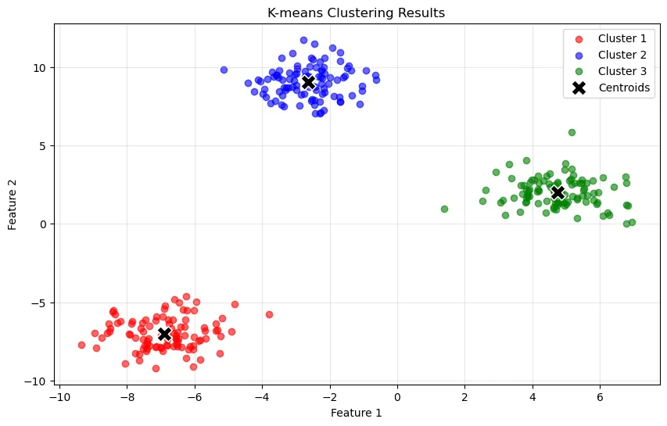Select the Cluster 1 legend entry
tap(622, 38)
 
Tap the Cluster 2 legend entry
tap(622, 55)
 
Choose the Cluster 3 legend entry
tap(622, 71)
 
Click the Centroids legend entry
tap(623, 88)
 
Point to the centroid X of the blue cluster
tap(308, 82)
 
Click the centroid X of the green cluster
tap(558, 192)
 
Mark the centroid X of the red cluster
tap(164, 334)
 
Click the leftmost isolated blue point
tap(224, 70)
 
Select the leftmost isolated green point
tap(444, 209)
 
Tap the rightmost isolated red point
tap(269, 314)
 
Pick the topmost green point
tap(572, 132)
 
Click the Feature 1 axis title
tap(356, 413)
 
